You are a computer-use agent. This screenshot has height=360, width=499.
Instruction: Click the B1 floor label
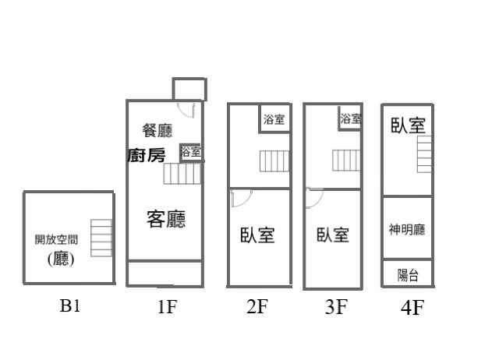click(70, 305)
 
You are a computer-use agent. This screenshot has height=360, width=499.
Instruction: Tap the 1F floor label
click(167, 307)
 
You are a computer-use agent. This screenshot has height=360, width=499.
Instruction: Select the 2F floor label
click(257, 307)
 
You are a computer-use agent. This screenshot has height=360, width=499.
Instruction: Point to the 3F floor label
click(335, 307)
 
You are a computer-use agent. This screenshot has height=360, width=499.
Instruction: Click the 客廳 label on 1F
click(166, 219)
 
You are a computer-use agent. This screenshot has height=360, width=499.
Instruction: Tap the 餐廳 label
click(157, 130)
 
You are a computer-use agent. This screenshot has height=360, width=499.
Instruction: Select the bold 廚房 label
click(146, 155)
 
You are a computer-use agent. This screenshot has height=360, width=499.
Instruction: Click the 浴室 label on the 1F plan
click(191, 152)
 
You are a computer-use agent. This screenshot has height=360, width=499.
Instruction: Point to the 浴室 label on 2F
click(274, 120)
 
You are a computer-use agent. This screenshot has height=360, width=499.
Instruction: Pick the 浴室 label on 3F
click(351, 119)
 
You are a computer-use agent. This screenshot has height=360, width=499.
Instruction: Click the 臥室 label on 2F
click(257, 235)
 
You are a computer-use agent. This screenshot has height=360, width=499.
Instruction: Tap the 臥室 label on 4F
click(408, 125)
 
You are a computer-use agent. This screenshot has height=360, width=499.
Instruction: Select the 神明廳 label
click(407, 230)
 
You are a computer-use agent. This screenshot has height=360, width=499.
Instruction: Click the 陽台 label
click(408, 274)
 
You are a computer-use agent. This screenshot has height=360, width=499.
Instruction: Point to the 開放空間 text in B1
click(56, 240)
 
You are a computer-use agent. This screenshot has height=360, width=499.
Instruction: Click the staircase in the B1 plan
click(101, 238)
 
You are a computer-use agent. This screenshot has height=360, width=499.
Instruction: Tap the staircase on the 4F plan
click(424, 154)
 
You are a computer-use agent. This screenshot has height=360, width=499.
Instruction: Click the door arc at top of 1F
click(187, 108)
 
